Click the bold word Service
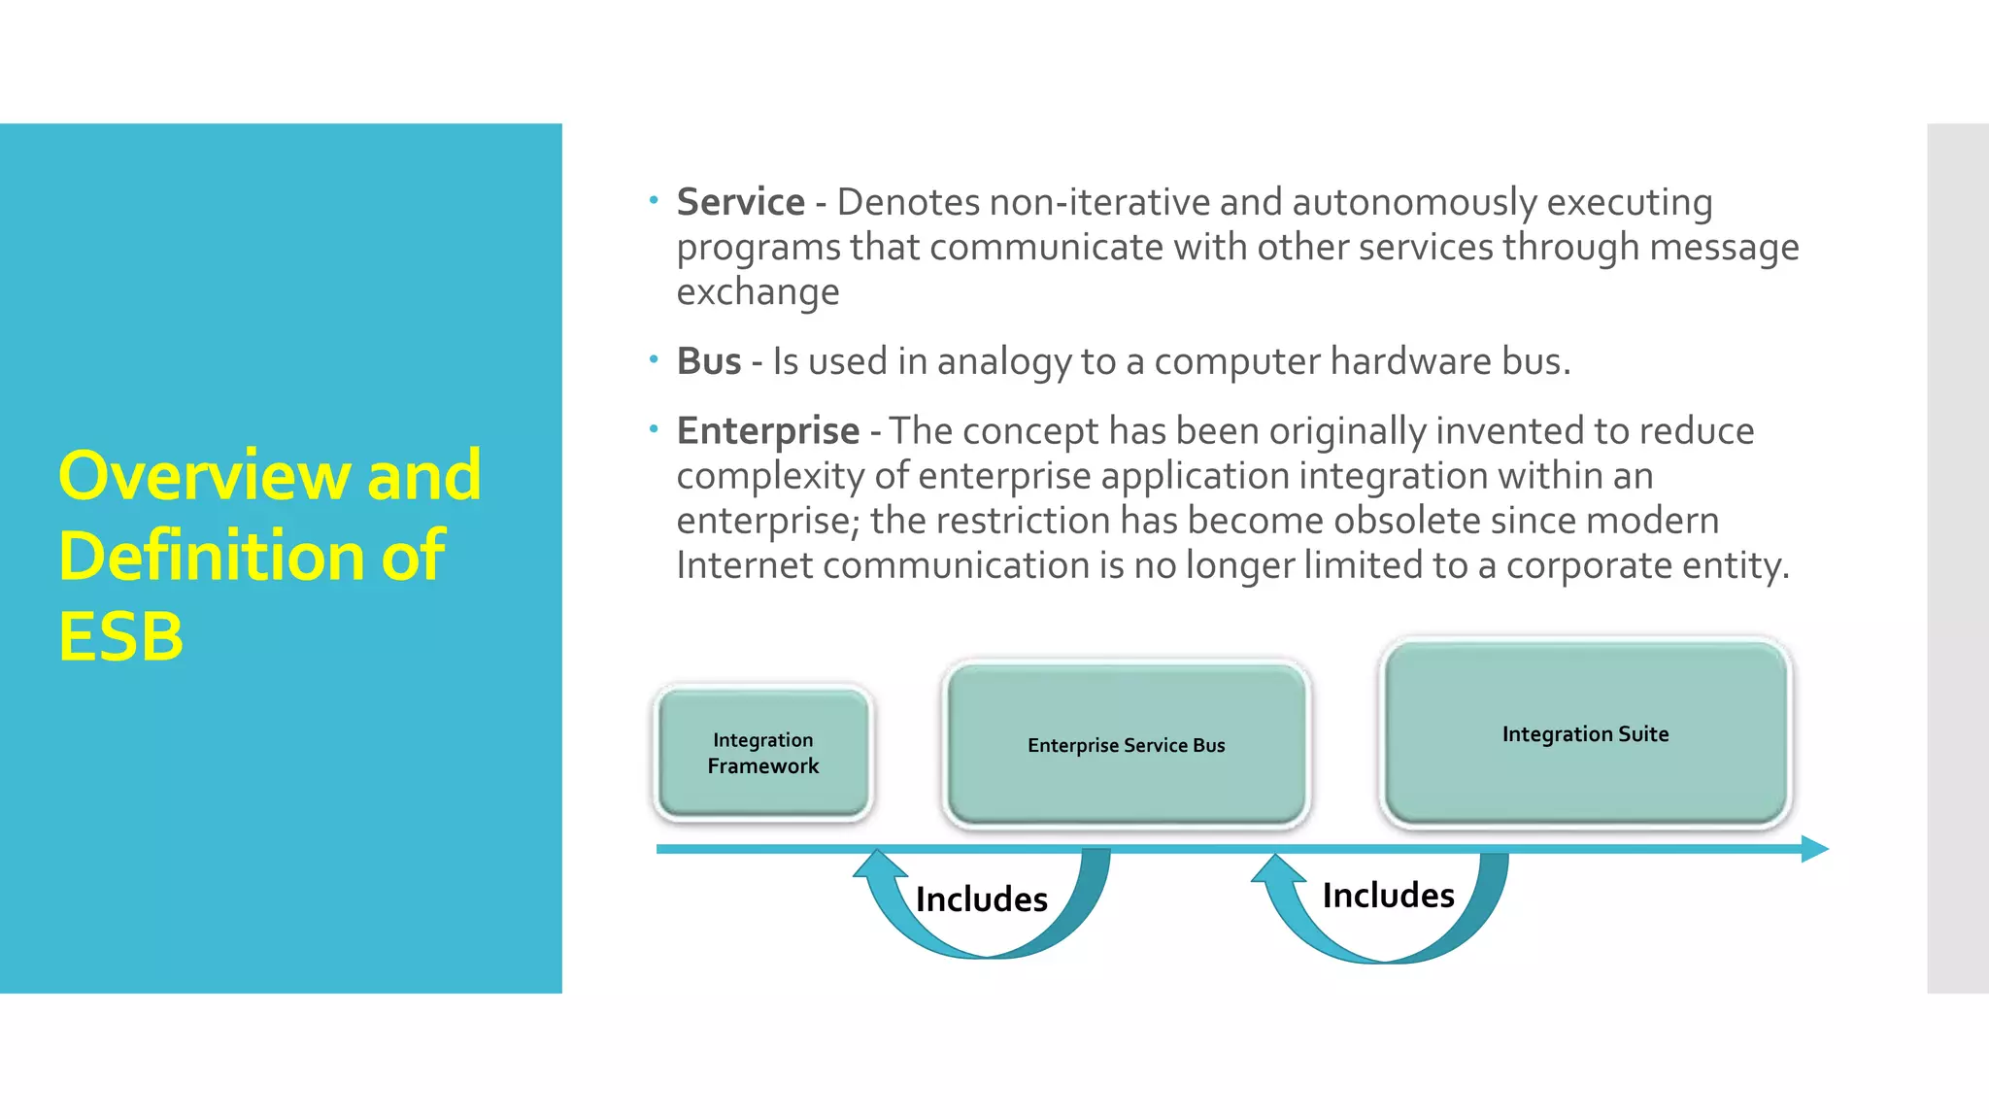tap(740, 202)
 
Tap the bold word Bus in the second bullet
tap(709, 361)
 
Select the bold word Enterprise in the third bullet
tap(767, 431)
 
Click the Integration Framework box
tap(763, 753)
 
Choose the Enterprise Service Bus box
tap(1127, 745)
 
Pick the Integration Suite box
tap(1585, 734)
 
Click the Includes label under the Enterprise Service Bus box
tap(981, 899)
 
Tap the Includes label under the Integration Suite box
tap(1388, 896)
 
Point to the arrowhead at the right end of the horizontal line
tap(1814, 849)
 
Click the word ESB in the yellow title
tap(121, 637)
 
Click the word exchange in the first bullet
tap(758, 292)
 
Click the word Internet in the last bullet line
tap(744, 565)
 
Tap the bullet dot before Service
tap(654, 201)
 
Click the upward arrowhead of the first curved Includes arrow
tap(878, 861)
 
